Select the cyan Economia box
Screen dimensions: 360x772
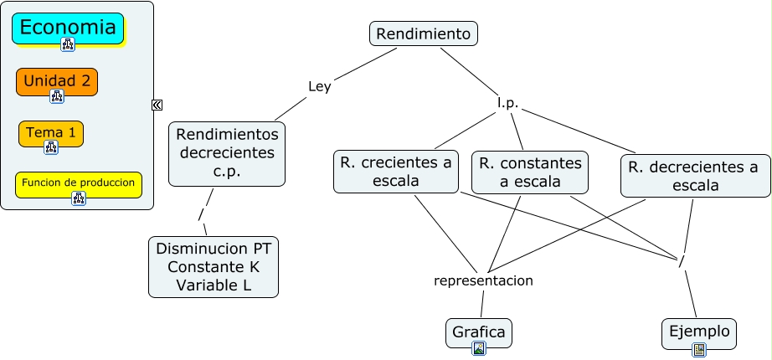tap(68, 28)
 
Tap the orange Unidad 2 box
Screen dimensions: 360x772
tap(57, 81)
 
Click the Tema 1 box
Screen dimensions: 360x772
tap(51, 132)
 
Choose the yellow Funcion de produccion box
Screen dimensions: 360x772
tap(79, 183)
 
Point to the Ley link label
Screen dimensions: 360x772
tap(320, 86)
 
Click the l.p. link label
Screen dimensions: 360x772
tap(507, 104)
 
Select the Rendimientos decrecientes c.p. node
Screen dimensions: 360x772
tap(226, 154)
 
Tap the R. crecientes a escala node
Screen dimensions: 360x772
tap(397, 172)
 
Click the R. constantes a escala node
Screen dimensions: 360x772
tap(528, 172)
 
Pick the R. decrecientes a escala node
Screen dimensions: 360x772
tap(695, 176)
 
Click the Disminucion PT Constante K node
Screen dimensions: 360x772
tap(214, 267)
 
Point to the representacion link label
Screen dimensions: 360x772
tap(483, 280)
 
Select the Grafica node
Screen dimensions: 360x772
tap(478, 332)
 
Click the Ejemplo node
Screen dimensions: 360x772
tap(699, 332)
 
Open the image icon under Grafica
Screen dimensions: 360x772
tap(479, 348)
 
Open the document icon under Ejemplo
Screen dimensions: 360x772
tap(699, 349)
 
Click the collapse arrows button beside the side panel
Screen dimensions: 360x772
tap(157, 105)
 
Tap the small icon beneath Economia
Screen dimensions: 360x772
tap(68, 44)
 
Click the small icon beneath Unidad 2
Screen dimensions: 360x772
tap(57, 96)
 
